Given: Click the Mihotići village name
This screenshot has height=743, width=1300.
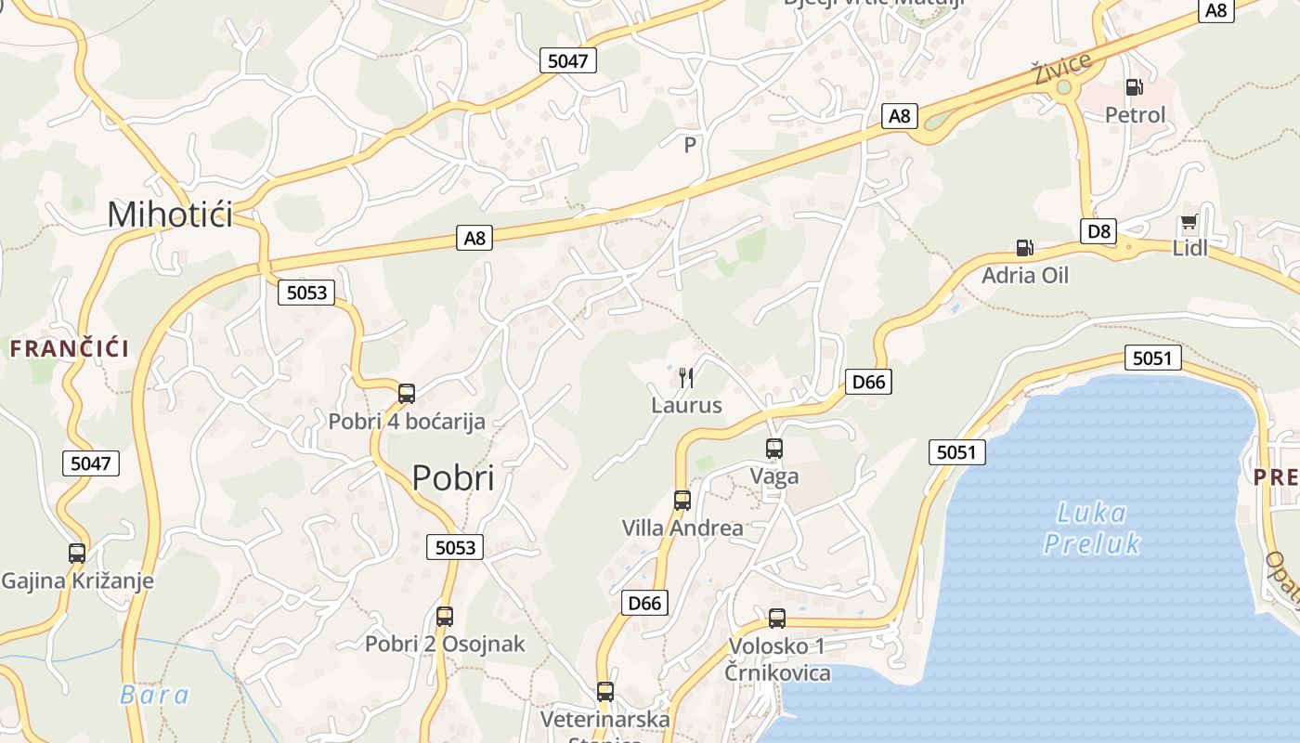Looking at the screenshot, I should tap(170, 215).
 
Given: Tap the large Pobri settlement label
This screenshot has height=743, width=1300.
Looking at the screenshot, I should tap(453, 477).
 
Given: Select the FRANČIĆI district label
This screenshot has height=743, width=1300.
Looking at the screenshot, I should tap(70, 349).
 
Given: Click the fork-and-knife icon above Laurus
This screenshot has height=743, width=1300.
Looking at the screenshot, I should tap(686, 377).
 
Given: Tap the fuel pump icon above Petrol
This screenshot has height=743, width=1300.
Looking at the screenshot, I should tap(1134, 87).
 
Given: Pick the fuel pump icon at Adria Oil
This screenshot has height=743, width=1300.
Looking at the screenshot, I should tap(1024, 247).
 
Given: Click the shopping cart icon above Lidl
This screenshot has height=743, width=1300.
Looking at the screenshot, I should tap(1189, 223).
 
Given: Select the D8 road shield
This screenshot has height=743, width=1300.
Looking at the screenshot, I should tap(1098, 231).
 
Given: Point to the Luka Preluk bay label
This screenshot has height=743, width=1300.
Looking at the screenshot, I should tap(1092, 528).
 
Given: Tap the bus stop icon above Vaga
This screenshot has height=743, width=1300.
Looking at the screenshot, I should tap(774, 449).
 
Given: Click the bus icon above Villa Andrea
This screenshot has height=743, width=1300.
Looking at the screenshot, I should tap(682, 500).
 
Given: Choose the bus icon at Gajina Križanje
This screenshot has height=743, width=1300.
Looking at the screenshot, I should tap(77, 554).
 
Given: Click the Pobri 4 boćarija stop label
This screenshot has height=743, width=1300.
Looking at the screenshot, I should tap(407, 422).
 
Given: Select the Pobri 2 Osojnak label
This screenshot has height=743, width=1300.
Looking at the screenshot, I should tap(445, 644).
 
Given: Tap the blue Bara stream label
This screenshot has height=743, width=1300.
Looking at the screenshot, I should tap(154, 695).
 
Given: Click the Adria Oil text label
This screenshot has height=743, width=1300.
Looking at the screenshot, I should tap(1025, 275).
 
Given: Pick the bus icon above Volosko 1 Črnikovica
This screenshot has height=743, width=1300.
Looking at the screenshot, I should tap(777, 618).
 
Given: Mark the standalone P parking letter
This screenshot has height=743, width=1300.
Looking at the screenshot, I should tap(690, 145).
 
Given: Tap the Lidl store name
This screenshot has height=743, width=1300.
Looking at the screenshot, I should tap(1190, 248).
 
